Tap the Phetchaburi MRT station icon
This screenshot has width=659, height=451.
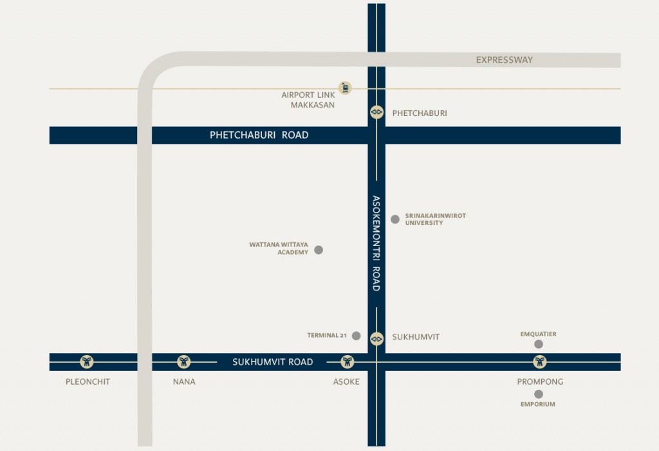[x=376, y=112]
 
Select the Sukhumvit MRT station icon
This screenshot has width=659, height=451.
[x=376, y=338]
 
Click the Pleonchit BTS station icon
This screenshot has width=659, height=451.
[x=88, y=361]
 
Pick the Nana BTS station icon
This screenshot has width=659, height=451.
[x=184, y=361]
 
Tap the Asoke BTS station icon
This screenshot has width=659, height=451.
[x=348, y=361]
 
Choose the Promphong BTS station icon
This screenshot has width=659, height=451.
[x=540, y=361]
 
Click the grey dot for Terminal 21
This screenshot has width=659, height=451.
[x=357, y=336]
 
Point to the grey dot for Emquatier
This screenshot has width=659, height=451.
[x=539, y=344]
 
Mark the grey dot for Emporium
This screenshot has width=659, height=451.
[x=539, y=394]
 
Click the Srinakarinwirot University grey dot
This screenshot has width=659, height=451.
[x=395, y=219]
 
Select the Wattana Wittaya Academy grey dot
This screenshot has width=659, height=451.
[x=319, y=249]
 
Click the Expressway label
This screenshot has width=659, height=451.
[x=505, y=60]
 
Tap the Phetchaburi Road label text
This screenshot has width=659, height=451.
[x=259, y=135]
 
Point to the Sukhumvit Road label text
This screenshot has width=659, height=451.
[x=273, y=362]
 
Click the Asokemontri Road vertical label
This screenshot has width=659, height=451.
[x=376, y=243]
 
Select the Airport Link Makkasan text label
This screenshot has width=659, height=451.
[x=308, y=100]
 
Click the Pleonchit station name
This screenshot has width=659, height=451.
[x=88, y=381]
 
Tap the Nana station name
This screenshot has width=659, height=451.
[x=184, y=381]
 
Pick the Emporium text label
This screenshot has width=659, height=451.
[x=537, y=405]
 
